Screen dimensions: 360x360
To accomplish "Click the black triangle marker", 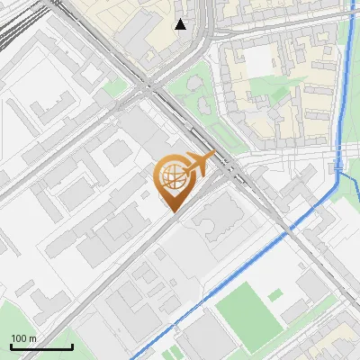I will pyautogui.click(x=181, y=23).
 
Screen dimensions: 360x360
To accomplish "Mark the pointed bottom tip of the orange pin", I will pyautogui.click(x=173, y=211).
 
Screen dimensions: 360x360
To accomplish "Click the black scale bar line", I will pyautogui.click(x=41, y=346).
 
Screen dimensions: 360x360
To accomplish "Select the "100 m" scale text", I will pyautogui.click(x=24, y=338).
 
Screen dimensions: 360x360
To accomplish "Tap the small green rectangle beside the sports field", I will pyautogui.click(x=275, y=295).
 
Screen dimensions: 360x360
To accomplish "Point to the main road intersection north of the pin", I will pyautogui.click(x=149, y=86).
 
